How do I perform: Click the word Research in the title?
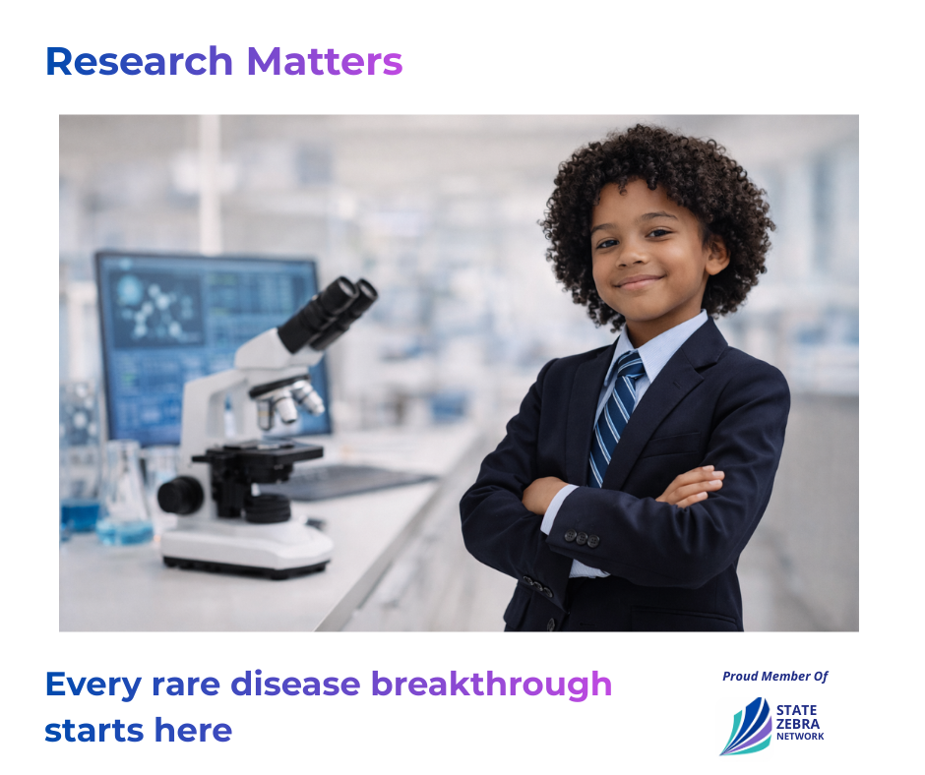[139, 61]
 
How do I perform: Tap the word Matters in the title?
[325, 61]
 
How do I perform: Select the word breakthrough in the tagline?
[491, 685]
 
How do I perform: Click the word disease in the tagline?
[295, 685]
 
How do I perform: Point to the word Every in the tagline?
[93, 686]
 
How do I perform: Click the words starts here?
[139, 730]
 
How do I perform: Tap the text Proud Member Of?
[775, 676]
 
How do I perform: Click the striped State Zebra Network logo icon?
[746, 727]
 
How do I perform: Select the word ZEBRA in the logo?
[798, 724]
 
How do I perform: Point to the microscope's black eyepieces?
[329, 313]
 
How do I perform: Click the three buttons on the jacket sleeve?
[582, 538]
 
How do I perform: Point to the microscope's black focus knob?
[180, 495]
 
